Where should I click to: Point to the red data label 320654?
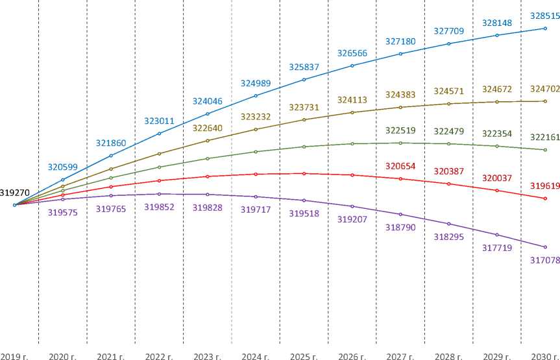[x=400, y=166]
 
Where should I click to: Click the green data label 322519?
[x=400, y=131]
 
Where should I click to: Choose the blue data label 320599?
[x=63, y=167]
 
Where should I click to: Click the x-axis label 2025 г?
[x=304, y=356]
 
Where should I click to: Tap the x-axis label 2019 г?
[x=14, y=356]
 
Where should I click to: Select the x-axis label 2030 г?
[x=544, y=356]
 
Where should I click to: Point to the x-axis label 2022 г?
[x=159, y=356]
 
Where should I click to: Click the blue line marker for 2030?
[x=545, y=29]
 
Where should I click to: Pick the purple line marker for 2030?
[x=545, y=247]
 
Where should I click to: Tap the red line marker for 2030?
[x=545, y=198]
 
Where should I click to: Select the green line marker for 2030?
[x=545, y=150]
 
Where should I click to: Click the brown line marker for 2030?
[x=545, y=101]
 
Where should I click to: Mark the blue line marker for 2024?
[x=256, y=96]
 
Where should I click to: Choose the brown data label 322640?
[x=208, y=128]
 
